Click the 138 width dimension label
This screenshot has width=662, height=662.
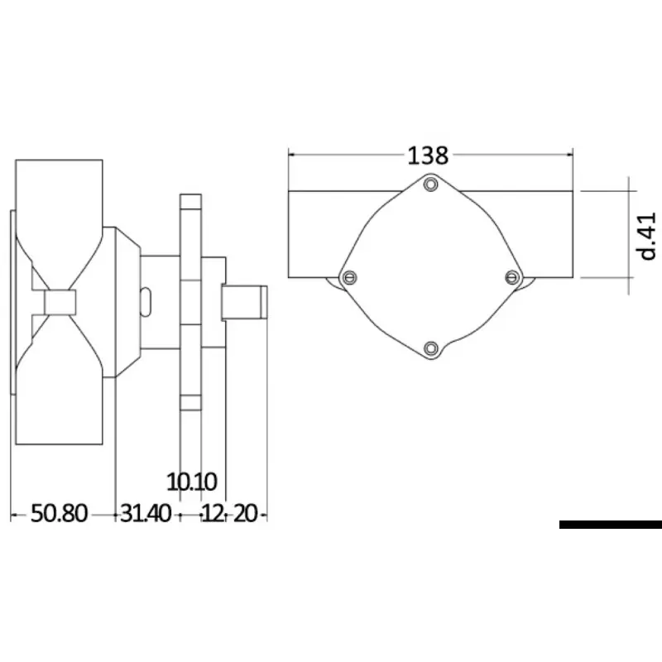[x=428, y=156]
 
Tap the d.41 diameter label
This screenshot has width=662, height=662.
[x=646, y=236]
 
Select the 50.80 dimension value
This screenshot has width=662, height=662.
[x=59, y=513]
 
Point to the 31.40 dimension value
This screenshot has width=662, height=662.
[x=146, y=513]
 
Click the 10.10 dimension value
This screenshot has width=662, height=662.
[x=192, y=482]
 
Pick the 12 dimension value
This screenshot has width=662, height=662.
[x=213, y=513]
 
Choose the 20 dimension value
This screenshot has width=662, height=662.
[x=245, y=513]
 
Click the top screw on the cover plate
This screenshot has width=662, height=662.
[x=430, y=185]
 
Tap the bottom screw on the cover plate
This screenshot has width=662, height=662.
[x=430, y=348]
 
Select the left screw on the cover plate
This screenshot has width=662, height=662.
[x=349, y=277]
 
